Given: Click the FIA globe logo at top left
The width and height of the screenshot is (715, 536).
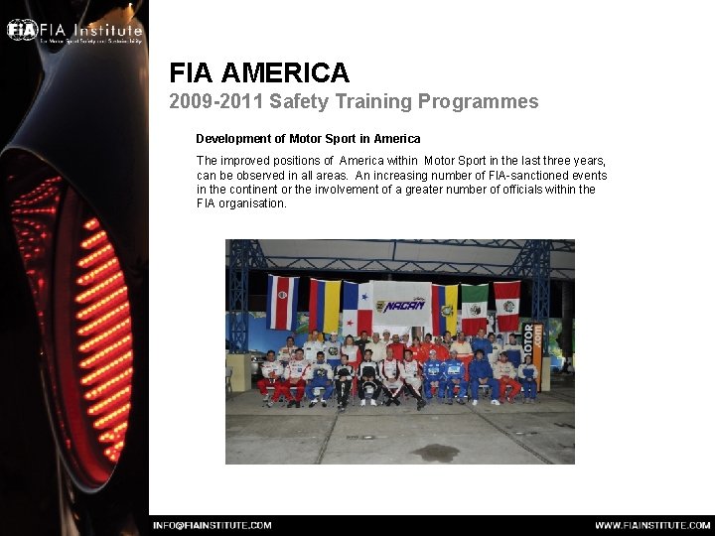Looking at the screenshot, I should [21, 29].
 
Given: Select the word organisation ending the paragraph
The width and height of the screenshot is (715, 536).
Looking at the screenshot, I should [254, 203].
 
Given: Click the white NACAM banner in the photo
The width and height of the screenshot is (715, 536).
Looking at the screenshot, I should [402, 305].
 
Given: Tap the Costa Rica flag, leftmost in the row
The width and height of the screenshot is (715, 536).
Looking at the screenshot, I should [282, 301].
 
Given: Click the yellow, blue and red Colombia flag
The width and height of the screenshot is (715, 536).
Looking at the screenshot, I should [324, 305].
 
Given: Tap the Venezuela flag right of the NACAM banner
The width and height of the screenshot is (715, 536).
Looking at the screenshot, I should [445, 308].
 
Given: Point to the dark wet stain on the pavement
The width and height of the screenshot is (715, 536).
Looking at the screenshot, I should [435, 453].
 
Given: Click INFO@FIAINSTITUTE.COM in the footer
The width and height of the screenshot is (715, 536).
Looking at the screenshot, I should [212, 525].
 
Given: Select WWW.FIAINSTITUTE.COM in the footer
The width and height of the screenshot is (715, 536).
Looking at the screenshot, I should [649, 525].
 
